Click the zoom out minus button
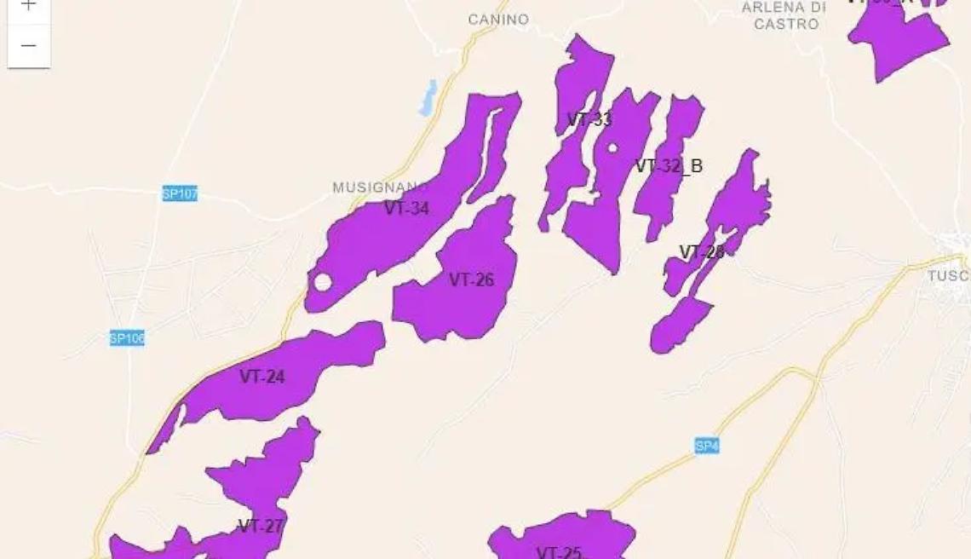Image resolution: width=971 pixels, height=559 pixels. [28, 46]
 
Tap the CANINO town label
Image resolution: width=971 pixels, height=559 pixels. [498, 20]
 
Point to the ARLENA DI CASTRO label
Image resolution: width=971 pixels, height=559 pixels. [784, 15]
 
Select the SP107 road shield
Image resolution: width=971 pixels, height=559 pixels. [180, 194]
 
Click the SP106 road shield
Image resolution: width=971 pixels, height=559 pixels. [127, 338]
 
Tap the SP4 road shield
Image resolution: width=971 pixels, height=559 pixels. [706, 446]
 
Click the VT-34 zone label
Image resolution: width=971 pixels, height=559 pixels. [406, 208]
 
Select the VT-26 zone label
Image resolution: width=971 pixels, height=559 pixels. [471, 279]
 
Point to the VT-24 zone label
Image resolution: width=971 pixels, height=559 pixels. [261, 377]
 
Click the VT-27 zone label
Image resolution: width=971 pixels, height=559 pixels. [260, 526]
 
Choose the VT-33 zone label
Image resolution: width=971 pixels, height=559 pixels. [589, 119]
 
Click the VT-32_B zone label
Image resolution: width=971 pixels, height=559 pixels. [669, 166]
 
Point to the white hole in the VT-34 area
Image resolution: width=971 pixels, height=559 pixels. [322, 282]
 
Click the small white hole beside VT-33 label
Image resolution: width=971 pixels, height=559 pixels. [612, 148]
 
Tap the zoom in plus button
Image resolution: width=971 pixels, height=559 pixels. [28, 7]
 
